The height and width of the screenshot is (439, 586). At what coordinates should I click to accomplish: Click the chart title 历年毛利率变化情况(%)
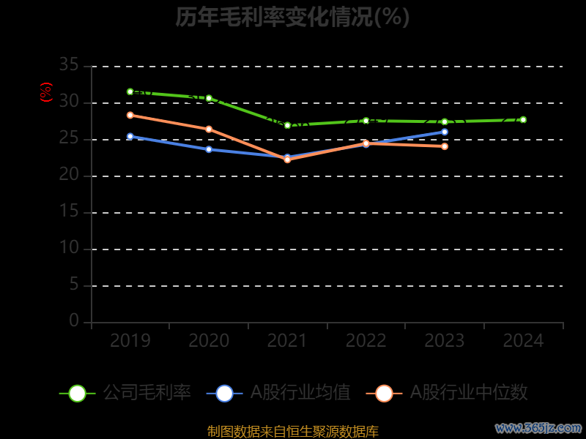(292, 17)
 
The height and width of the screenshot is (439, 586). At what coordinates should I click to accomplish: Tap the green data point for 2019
(130, 91)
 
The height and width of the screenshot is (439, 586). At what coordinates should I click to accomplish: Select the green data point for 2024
(523, 119)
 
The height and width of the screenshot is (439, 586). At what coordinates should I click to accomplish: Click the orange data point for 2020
(209, 129)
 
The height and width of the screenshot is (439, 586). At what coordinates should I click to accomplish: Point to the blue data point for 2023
(445, 132)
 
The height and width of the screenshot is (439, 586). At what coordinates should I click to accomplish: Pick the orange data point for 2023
(445, 146)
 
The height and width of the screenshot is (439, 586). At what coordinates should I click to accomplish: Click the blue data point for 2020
(209, 149)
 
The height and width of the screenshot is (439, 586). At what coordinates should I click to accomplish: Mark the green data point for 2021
(287, 125)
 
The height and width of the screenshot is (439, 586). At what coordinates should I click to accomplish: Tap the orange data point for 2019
(130, 115)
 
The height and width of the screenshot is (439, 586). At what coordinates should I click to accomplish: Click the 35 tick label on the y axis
(69, 66)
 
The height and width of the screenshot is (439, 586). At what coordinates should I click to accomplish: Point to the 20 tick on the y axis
(69, 176)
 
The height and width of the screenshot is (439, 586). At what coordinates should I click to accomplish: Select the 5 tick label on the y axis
(74, 285)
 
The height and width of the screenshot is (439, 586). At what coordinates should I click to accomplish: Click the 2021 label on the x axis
(287, 341)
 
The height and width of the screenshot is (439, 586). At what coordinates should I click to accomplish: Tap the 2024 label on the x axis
(523, 341)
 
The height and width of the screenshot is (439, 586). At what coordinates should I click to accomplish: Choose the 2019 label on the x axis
(130, 341)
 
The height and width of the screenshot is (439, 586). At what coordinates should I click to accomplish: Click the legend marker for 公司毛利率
(78, 393)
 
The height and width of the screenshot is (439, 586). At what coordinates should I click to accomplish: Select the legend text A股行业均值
(300, 393)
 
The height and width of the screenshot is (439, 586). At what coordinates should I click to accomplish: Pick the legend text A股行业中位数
(469, 393)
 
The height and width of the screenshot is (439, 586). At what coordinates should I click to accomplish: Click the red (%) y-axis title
(46, 92)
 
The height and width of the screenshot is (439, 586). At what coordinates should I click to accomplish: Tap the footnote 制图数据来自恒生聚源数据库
(293, 432)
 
